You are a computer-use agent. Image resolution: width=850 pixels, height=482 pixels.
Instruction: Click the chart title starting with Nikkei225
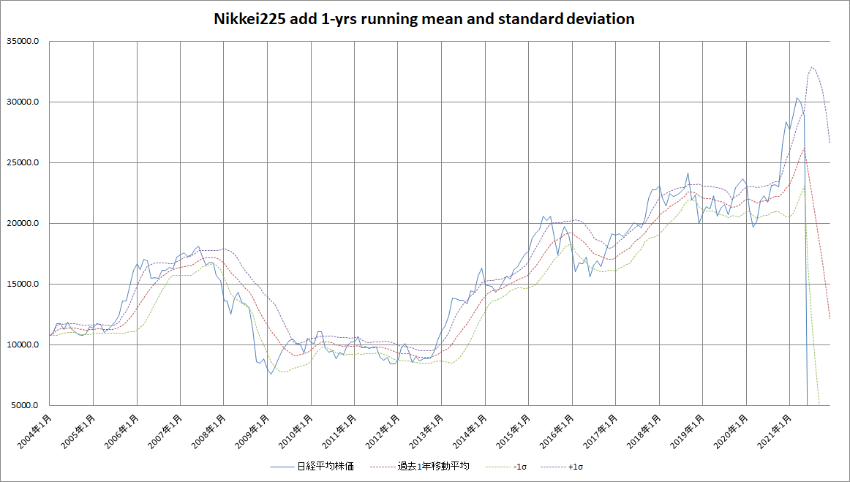(424, 20)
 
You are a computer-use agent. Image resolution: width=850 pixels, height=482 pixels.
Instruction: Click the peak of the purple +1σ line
(812, 67)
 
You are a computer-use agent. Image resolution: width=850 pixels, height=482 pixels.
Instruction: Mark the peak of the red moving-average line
(804, 148)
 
